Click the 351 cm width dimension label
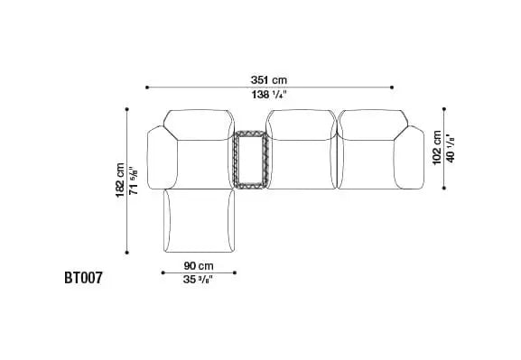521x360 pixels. click(x=269, y=80)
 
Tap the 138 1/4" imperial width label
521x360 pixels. click(x=269, y=95)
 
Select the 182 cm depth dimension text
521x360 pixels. click(x=120, y=180)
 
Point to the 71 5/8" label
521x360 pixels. click(x=133, y=180)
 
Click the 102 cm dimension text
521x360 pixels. click(x=437, y=148)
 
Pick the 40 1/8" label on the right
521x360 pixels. click(x=451, y=148)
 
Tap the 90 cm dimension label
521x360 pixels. click(x=199, y=265)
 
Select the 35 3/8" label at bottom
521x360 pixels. click(x=198, y=280)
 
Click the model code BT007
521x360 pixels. click(x=83, y=278)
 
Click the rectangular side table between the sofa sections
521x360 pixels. click(x=250, y=160)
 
